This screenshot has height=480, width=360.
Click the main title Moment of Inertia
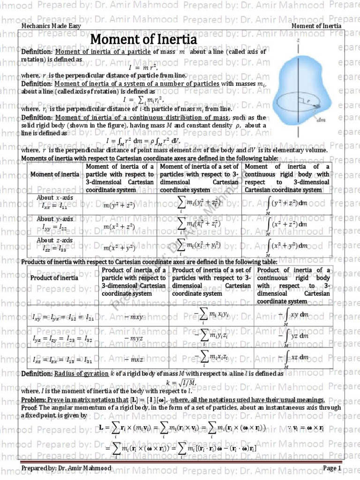tap(143, 40)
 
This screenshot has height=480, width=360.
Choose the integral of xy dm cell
tap(294, 317)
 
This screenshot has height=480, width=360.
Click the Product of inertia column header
tap(55, 278)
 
